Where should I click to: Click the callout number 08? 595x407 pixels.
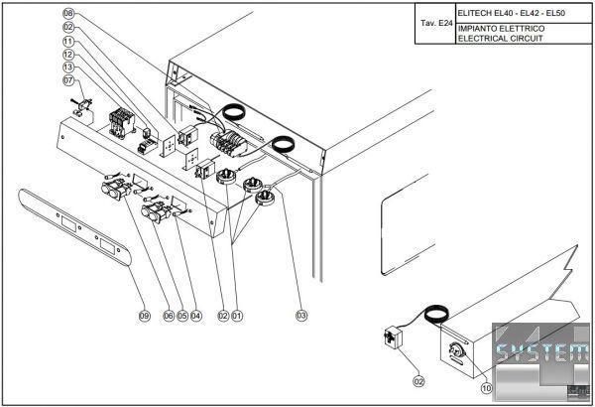pyautogui.click(x=68, y=13)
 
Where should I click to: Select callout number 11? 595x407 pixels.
pyautogui.click(x=68, y=41)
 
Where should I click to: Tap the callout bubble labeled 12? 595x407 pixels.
pyautogui.click(x=68, y=54)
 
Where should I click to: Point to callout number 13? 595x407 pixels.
pyautogui.click(x=68, y=67)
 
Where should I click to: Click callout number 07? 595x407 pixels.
pyautogui.click(x=68, y=80)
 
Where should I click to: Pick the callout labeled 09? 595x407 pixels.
pyautogui.click(x=144, y=316)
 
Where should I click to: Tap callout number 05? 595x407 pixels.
pyautogui.click(x=182, y=316)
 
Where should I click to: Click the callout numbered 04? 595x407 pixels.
pyautogui.click(x=196, y=316)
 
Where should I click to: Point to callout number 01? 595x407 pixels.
pyautogui.click(x=237, y=316)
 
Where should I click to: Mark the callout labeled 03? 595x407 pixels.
pyautogui.click(x=301, y=316)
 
